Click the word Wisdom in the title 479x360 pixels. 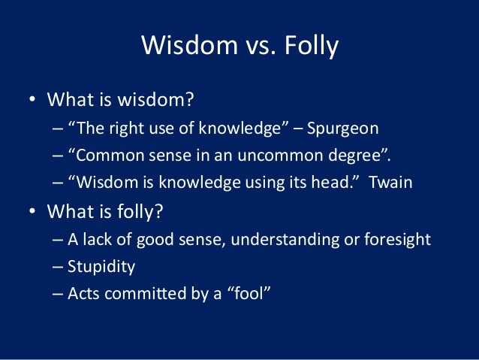pos(183,47)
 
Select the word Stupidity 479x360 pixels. pos(102,266)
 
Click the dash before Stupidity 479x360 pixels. pos(59,266)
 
